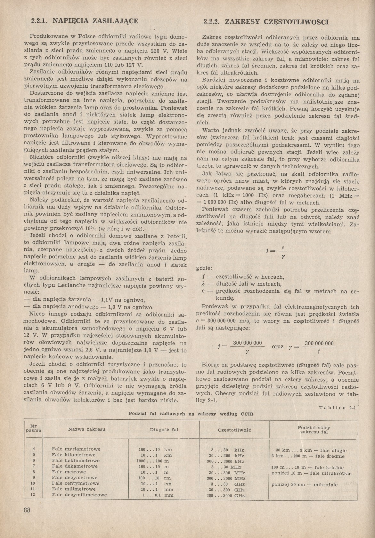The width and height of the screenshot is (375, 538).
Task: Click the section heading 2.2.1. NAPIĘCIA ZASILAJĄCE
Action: [x=85, y=21]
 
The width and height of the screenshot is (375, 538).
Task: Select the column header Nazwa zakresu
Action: [x=86, y=429]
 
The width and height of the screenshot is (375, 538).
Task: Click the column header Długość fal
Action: [x=164, y=430]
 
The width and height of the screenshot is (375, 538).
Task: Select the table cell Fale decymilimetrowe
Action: [x=79, y=495]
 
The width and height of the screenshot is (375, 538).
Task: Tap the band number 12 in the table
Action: [x=32, y=495]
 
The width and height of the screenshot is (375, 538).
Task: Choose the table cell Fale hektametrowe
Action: [x=76, y=461]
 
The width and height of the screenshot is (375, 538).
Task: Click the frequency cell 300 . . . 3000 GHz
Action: [x=226, y=495]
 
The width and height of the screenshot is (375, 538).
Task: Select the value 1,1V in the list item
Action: [x=108, y=300]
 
